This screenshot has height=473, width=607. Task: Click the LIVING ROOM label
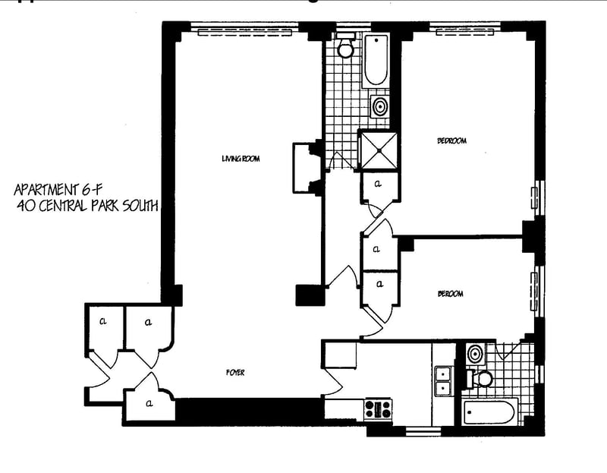tap(241, 159)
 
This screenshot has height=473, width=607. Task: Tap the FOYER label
tap(234, 372)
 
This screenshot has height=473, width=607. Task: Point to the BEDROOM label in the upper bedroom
tap(451, 140)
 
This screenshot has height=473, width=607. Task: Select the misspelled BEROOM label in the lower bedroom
tap(450, 294)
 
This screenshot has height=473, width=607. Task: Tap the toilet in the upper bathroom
tap(346, 49)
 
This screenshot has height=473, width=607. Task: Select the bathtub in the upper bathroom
tap(376, 61)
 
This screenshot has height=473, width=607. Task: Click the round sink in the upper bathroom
tap(379, 106)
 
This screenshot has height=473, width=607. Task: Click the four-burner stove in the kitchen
tap(377, 409)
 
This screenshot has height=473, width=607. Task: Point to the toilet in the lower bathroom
tap(483, 377)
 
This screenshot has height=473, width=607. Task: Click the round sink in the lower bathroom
tap(475, 353)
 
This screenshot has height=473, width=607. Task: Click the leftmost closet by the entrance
tap(102, 325)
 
